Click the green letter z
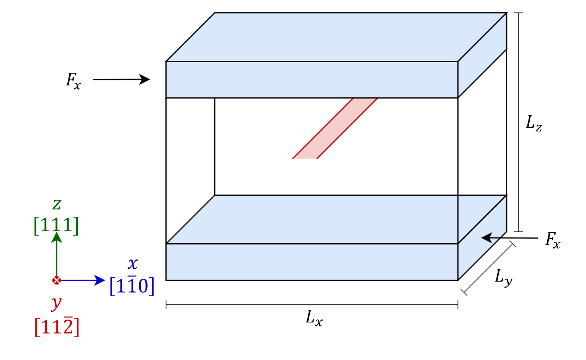(x=56, y=204)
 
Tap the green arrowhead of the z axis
(x=57, y=238)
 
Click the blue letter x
(x=133, y=264)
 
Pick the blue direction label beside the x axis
(x=132, y=286)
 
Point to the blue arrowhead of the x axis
(x=100, y=280)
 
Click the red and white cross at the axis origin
(x=56, y=280)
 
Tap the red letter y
(x=56, y=303)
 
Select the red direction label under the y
(x=57, y=326)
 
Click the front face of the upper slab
(x=312, y=79)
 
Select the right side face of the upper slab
(x=482, y=55)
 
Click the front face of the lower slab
(x=312, y=262)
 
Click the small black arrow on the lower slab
(x=490, y=238)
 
